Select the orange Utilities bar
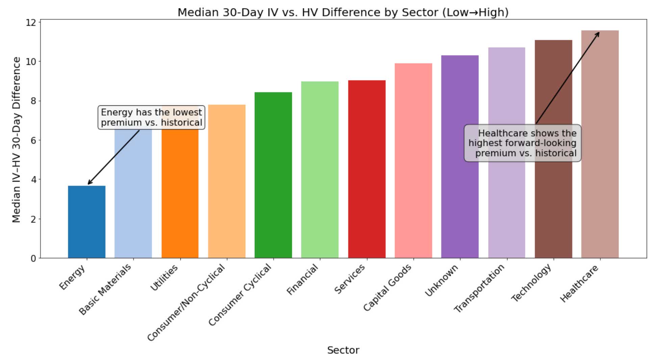pos(180,196)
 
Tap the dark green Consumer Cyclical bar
pos(273,176)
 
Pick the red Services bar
pos(367,169)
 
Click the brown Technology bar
pos(553,203)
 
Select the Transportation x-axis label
pos(479,288)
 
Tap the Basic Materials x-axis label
pos(105,289)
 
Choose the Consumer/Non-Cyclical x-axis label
pos(186,303)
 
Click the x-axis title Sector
pos(343,350)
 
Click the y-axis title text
pos(16,139)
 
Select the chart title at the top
pos(343,12)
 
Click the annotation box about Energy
pos(151,118)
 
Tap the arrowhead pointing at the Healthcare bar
pos(598,33)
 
